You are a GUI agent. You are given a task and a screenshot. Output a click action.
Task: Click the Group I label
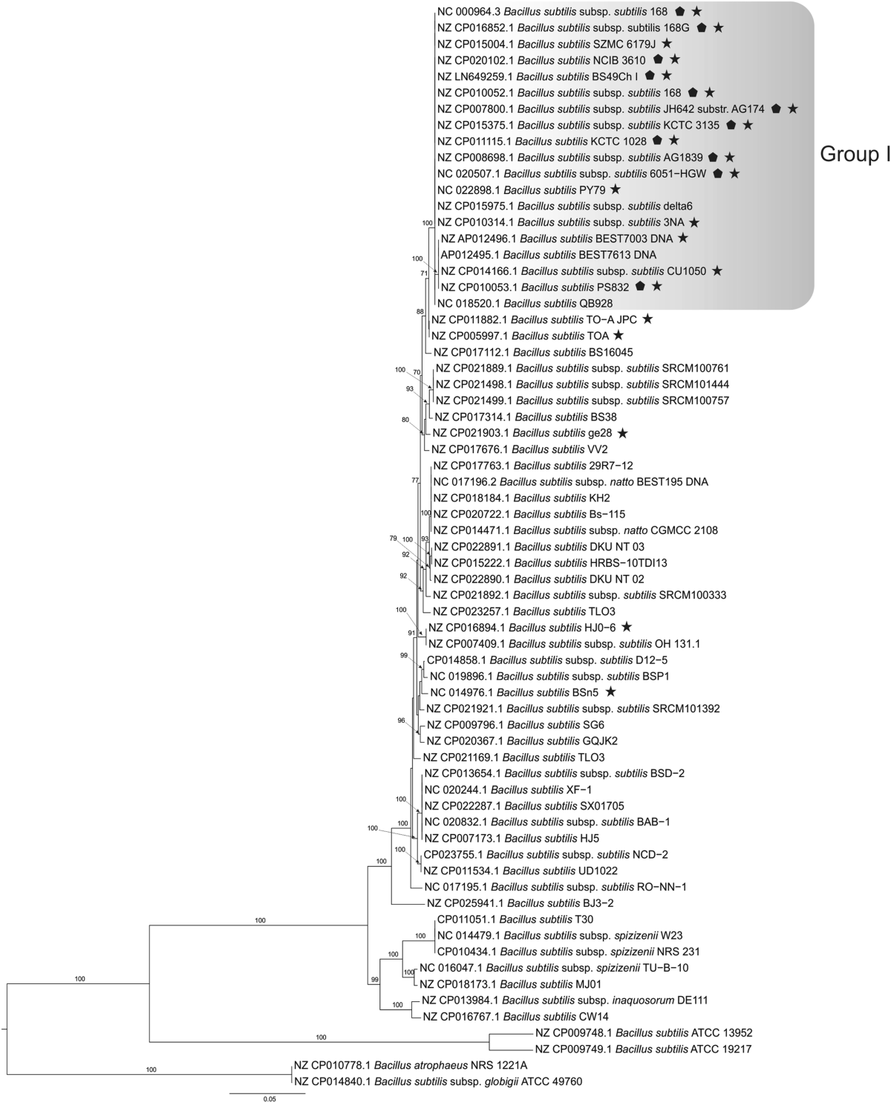(x=854, y=154)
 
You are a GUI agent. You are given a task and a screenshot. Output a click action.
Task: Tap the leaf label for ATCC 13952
(x=644, y=1033)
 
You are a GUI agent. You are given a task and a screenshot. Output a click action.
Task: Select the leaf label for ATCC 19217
(x=644, y=1050)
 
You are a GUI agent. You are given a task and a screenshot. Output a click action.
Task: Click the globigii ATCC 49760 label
(x=438, y=1082)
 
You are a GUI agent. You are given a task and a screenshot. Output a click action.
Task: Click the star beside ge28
(x=622, y=432)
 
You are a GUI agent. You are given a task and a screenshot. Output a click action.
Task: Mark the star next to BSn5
(x=610, y=692)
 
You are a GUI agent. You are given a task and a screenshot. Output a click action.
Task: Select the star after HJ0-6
(x=627, y=627)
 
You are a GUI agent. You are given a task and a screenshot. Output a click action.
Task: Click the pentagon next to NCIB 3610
(x=658, y=59)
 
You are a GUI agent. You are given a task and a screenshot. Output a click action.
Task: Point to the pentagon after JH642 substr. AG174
(x=776, y=108)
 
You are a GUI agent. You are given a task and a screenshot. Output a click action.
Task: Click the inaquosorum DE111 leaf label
(x=565, y=1000)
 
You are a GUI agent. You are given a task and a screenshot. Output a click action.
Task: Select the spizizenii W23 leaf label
(x=568, y=936)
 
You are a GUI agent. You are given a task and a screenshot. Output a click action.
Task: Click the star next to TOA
(x=619, y=336)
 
